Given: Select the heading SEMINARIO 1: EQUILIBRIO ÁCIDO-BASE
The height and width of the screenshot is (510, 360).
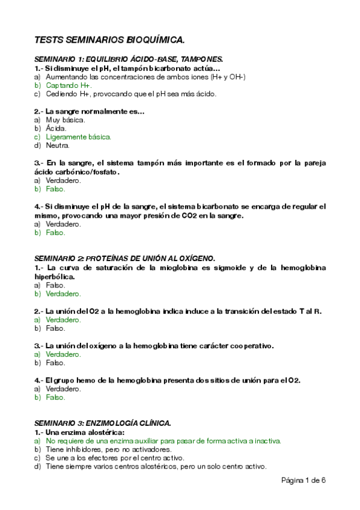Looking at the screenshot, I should click(129, 60).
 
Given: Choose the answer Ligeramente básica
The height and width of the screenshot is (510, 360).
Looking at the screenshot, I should click(78, 137).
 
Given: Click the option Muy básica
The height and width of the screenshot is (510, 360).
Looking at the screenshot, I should click(65, 120).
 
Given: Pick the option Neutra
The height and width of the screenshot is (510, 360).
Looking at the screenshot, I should click(58, 145).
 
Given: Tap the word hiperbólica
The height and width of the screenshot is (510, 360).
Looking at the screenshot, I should click(54, 276).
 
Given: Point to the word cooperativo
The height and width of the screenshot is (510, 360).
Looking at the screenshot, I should click(248, 346).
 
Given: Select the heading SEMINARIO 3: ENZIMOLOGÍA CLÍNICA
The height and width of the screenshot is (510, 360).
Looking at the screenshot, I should click(103, 423).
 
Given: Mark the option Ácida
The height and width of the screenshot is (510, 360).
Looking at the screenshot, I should click(56, 128).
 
